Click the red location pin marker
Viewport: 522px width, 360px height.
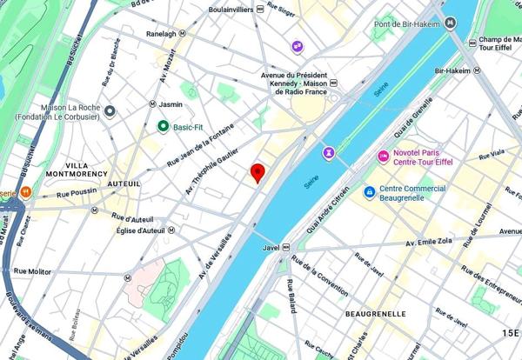[x=258, y=172]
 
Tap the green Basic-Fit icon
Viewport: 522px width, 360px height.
[x=163, y=127]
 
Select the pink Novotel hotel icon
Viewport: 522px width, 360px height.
[x=383, y=156]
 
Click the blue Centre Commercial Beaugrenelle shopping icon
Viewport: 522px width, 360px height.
[x=370, y=191]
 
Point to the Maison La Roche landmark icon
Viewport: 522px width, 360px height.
[x=110, y=110]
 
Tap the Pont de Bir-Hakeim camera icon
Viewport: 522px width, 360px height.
[x=450, y=23]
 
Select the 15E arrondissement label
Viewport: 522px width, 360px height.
[x=508, y=333]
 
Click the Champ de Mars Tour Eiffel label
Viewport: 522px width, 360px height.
[x=499, y=43]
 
